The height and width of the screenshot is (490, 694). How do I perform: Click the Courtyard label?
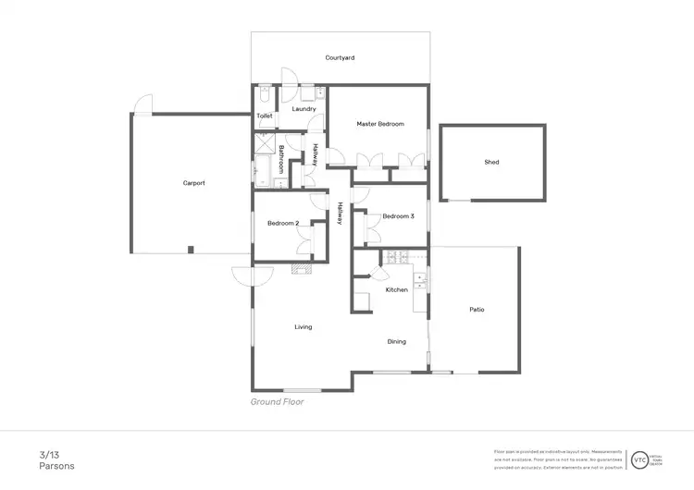coord(340,57)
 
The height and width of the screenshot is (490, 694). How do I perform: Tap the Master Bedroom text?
coord(380,124)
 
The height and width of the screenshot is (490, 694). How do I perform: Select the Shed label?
coord(491,162)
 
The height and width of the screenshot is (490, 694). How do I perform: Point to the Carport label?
coord(193,183)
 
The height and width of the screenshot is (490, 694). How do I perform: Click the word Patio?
coord(477,310)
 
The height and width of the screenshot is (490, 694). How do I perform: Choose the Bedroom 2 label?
coord(283,224)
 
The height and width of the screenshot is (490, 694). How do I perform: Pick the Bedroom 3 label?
coord(398,216)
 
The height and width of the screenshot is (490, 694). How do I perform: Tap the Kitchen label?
coord(396,290)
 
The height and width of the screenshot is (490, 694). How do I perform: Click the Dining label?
coord(396,342)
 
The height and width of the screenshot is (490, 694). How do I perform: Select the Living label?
coord(303,327)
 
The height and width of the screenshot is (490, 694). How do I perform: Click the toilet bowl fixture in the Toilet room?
coord(265,94)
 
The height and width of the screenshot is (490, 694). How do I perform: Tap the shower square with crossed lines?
coord(265,143)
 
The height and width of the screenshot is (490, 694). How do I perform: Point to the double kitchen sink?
coord(421,279)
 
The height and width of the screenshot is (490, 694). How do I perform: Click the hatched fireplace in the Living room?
coord(302,270)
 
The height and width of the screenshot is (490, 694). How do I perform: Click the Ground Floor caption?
coord(277,402)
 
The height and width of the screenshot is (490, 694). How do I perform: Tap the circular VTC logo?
coord(639,459)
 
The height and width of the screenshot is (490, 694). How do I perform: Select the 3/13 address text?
coord(48,454)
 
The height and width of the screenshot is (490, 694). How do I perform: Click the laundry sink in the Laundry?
coord(319,93)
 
